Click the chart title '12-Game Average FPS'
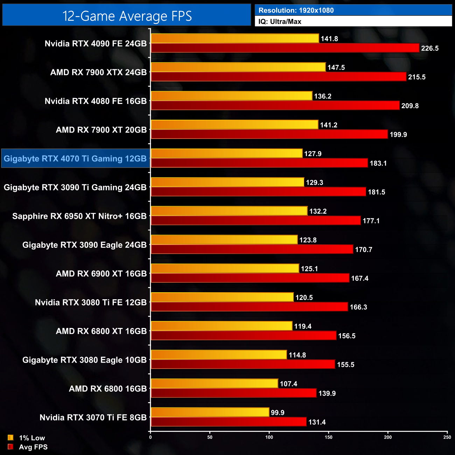pyautogui.click(x=127, y=16)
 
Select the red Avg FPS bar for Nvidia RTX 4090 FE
pyautogui.click(x=285, y=48)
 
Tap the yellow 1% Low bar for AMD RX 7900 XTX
pyautogui.click(x=238, y=67)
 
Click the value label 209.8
pyautogui.click(x=409, y=106)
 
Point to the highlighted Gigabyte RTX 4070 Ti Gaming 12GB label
pyautogui.click(x=75, y=159)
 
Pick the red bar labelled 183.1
pyautogui.click(x=259, y=163)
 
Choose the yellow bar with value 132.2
pyautogui.click(x=229, y=211)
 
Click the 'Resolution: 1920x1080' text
pyautogui.click(x=296, y=10)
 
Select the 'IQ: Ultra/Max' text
pyautogui.click(x=280, y=22)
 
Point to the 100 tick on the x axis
pyautogui.click(x=269, y=437)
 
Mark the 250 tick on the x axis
pyautogui.click(x=447, y=437)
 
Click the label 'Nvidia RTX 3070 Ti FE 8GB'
pyautogui.click(x=93, y=418)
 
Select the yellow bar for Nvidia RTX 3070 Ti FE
pyautogui.click(x=210, y=412)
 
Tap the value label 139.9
pyautogui.click(x=327, y=393)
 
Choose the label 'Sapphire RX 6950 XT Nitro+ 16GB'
pyautogui.click(x=79, y=216)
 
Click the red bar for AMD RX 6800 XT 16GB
pyautogui.click(x=243, y=336)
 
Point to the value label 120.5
pyautogui.click(x=304, y=297)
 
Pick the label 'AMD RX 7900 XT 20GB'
pyautogui.click(x=101, y=130)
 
